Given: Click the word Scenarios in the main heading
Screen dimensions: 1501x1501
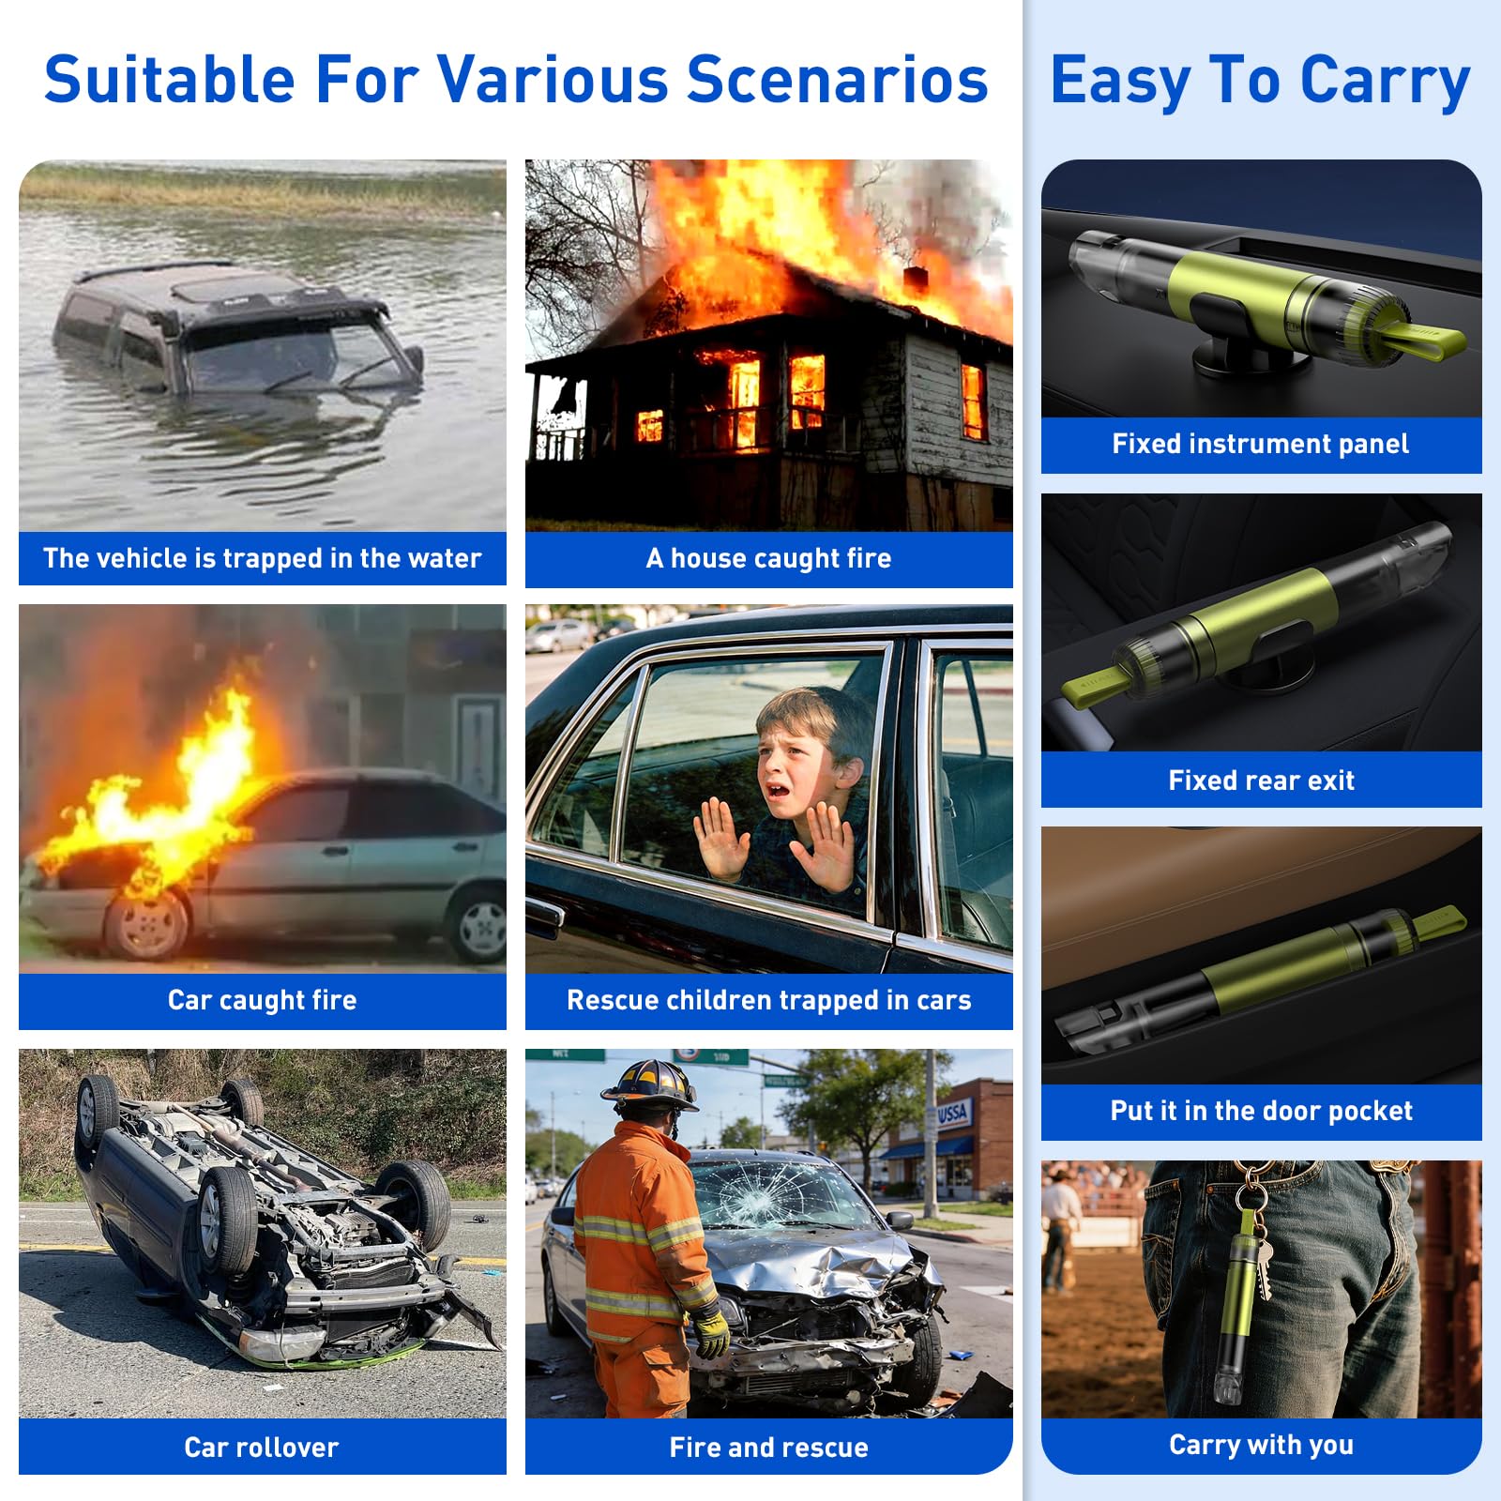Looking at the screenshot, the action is (x=837, y=79).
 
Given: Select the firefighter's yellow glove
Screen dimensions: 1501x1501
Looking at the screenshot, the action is (x=710, y=1330).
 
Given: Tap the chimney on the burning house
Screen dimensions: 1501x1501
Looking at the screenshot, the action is (x=915, y=280).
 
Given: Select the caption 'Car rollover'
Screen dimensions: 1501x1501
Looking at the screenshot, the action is (x=262, y=1448).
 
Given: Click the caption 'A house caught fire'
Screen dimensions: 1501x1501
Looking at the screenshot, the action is (x=769, y=559).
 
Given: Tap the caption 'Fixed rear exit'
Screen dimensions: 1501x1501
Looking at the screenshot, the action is (x=1262, y=781).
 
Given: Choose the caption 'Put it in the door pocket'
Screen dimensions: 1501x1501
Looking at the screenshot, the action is (x=1262, y=1112).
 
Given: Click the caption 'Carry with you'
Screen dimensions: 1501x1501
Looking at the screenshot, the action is (x=1262, y=1445).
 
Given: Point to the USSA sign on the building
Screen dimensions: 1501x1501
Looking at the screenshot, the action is (x=952, y=1114).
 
